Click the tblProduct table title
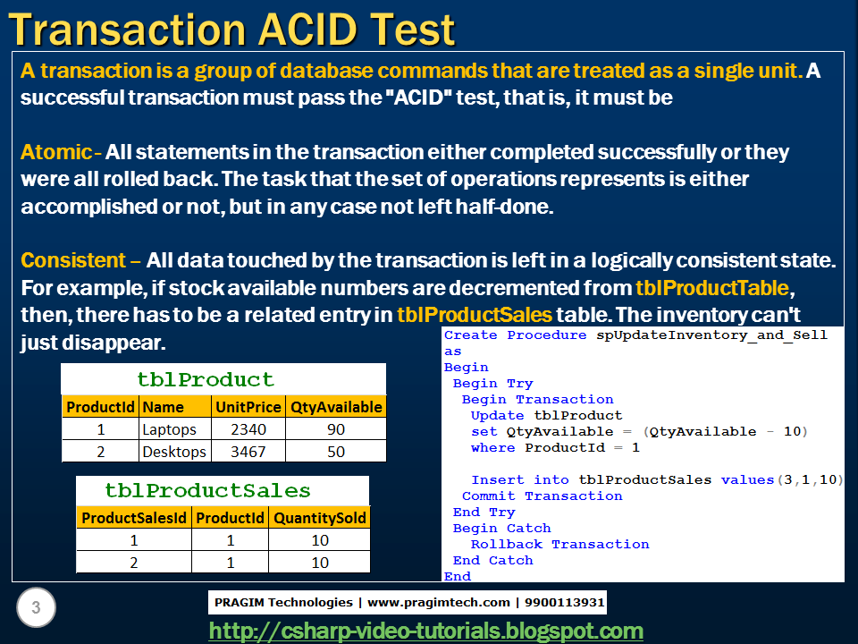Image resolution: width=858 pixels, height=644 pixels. pos(206,378)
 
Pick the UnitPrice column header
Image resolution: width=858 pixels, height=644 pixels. pos(248,407)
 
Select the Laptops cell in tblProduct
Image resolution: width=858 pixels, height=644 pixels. pos(170,429)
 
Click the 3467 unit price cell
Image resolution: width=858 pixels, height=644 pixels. pos(248,452)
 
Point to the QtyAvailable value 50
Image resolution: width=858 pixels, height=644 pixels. pos(336,452)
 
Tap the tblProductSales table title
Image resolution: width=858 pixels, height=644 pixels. pos(207,490)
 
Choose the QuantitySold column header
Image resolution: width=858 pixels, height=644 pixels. pos(319,518)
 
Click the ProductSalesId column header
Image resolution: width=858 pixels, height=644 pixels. pos(134,518)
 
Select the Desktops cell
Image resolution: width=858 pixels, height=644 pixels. pos(174,452)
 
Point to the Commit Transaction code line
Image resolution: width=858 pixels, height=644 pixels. pos(542,496)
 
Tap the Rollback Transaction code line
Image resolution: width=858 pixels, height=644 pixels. pos(559,545)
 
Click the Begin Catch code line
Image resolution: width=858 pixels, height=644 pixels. pos(501,529)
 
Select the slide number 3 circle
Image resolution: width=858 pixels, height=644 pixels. pos(36,609)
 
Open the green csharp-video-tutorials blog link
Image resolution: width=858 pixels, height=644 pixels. pos(425,631)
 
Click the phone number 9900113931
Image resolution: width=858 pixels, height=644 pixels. pos(566,602)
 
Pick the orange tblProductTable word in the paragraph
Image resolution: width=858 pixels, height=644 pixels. pos(712,288)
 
